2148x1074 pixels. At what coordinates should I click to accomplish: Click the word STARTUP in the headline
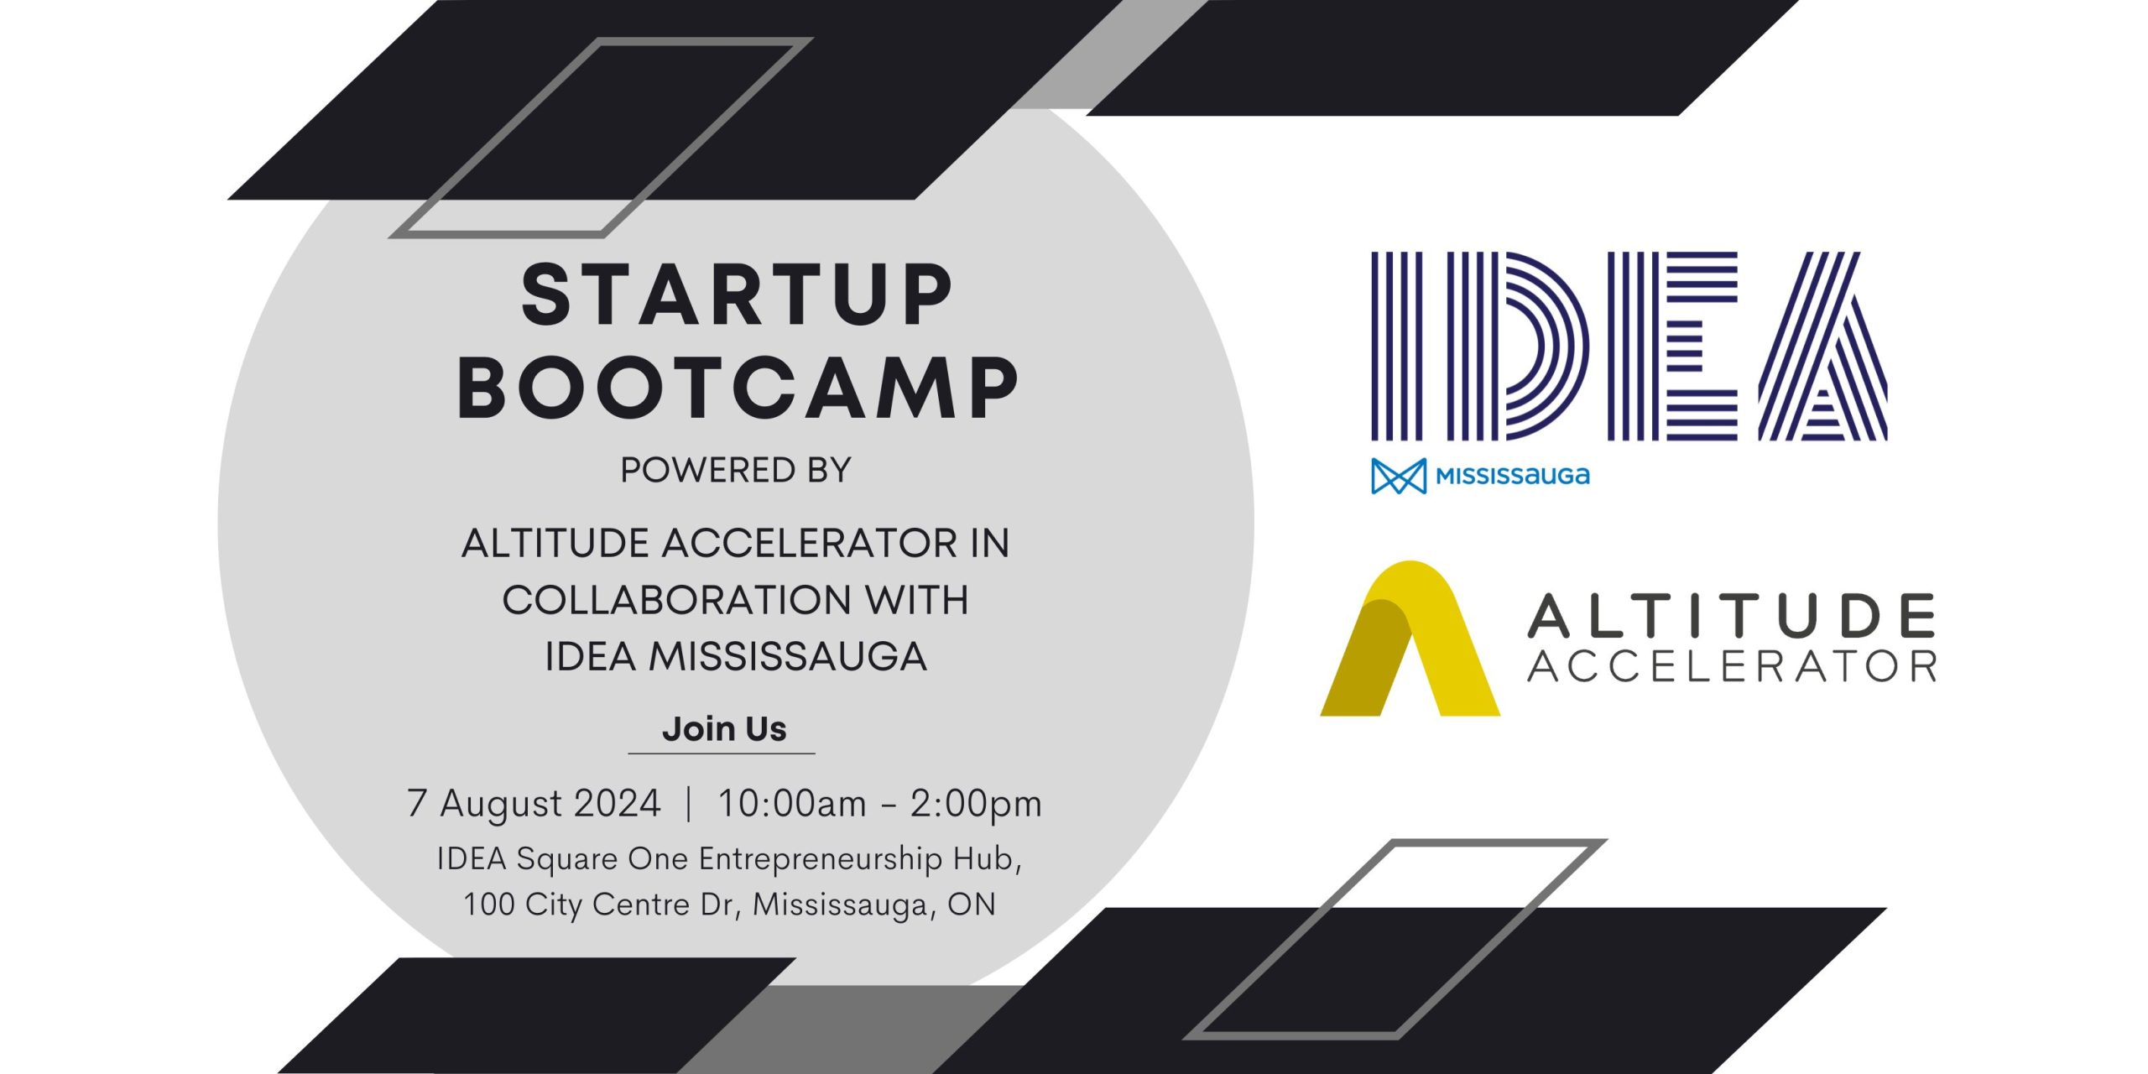(737, 295)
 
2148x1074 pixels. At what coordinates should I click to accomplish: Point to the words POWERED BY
(736, 470)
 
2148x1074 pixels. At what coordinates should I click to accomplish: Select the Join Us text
(724, 728)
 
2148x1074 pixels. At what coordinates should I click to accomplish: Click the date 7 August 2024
(534, 803)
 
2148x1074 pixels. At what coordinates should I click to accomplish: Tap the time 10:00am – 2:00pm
(880, 803)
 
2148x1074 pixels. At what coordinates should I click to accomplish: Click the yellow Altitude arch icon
(1410, 639)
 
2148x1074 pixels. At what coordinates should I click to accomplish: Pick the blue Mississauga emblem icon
(1399, 476)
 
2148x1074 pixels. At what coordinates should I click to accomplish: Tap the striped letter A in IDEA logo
(1822, 346)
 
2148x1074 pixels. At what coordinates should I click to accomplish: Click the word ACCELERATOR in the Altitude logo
(1732, 667)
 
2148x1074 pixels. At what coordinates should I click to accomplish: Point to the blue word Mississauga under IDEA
(1513, 477)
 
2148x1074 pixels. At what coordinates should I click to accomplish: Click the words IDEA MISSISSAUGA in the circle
(736, 656)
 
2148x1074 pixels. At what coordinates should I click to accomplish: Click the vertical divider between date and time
(689, 803)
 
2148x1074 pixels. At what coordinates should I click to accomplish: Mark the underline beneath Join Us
(722, 753)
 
